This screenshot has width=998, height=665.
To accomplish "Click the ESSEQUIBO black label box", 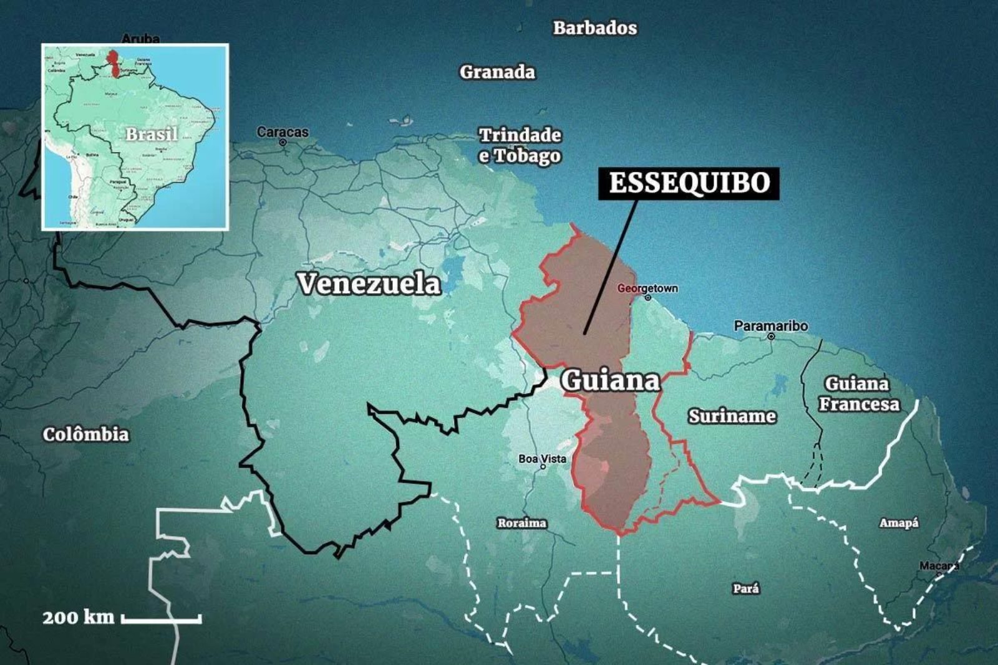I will [689, 183].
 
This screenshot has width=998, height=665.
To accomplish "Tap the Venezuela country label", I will [369, 284].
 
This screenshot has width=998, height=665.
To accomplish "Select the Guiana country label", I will [610, 380].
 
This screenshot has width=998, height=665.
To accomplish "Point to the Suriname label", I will [732, 416].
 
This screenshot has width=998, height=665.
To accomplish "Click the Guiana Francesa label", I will [859, 394].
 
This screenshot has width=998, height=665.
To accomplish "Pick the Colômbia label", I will [86, 434].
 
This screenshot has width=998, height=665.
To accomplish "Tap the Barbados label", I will [595, 28].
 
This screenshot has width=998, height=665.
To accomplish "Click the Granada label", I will [497, 72].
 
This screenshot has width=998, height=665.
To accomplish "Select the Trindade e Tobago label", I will [520, 145].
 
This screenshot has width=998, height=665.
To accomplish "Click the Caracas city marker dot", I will [283, 142].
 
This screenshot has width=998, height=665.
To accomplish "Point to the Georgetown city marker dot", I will [648, 298].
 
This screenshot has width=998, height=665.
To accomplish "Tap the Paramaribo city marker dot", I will [771, 336].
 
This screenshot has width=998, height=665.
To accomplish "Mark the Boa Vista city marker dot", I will [543, 467].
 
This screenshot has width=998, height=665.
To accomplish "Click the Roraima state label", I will [521, 523].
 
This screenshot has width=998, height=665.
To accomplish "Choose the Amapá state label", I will [898, 523].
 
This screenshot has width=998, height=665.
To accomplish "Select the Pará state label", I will [746, 588].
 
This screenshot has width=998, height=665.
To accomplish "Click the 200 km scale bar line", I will [161, 619].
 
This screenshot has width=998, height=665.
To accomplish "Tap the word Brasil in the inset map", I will [152, 134].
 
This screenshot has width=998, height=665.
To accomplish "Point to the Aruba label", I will [140, 39].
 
